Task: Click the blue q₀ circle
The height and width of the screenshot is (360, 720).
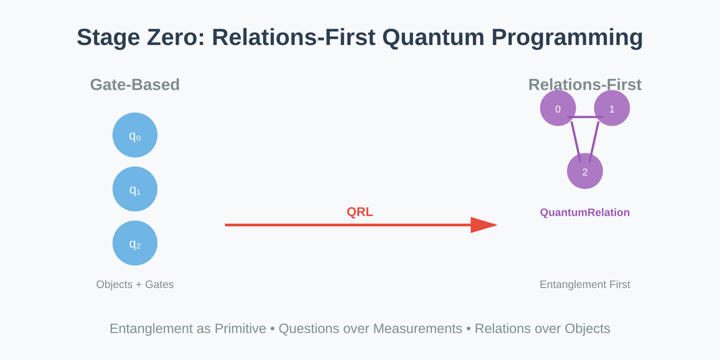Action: [x=135, y=135]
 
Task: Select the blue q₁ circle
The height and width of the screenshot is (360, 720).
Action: [x=135, y=189]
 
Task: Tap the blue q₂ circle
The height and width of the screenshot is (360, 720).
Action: [x=135, y=243]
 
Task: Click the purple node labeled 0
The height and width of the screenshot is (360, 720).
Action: [x=558, y=108]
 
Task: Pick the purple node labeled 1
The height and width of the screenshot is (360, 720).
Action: [x=612, y=108]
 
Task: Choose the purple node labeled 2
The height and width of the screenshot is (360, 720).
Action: [x=585, y=171]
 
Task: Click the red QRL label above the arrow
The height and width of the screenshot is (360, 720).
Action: [x=360, y=212]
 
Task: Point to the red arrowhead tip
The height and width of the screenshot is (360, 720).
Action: [x=497, y=225]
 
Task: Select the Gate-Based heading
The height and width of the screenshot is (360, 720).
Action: [x=135, y=85]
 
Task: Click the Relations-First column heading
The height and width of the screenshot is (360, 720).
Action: [x=585, y=85]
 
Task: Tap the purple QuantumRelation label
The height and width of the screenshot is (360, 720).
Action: [x=585, y=212]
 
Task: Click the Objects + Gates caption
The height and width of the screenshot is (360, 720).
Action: [x=135, y=284]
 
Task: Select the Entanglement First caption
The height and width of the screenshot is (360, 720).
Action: [x=585, y=284]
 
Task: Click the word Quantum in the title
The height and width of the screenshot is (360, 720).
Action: [x=433, y=37]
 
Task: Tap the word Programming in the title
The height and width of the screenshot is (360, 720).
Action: [x=567, y=38]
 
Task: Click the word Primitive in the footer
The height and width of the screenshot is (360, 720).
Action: [x=240, y=329]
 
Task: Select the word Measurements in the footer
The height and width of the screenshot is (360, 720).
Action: [x=418, y=329]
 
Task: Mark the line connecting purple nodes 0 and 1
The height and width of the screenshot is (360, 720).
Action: [x=585, y=117]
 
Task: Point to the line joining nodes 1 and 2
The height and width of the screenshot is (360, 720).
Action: [x=594, y=142]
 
